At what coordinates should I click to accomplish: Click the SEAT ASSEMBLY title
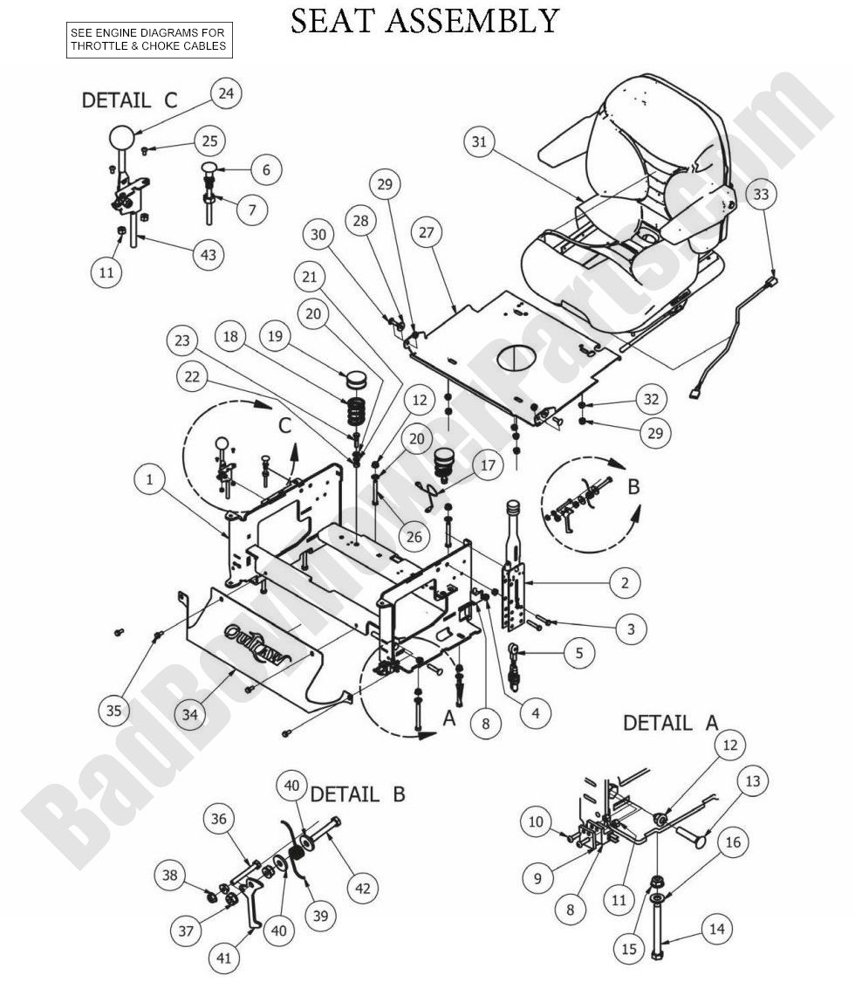(424, 21)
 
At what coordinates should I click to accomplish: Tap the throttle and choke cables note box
(149, 40)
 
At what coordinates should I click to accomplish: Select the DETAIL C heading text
(129, 100)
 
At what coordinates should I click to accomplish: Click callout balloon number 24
(226, 94)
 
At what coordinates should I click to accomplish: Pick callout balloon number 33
(761, 194)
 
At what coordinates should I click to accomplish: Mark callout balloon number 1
(150, 479)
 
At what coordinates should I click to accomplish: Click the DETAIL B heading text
(358, 794)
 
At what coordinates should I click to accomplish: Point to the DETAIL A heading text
(670, 723)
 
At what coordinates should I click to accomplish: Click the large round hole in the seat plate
(514, 357)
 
